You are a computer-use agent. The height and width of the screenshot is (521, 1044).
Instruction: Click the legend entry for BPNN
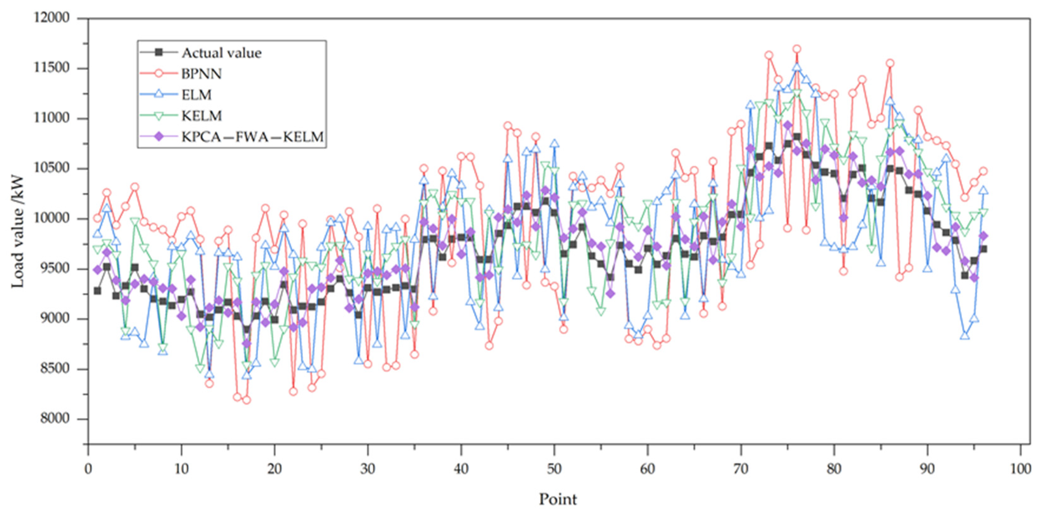point(201,74)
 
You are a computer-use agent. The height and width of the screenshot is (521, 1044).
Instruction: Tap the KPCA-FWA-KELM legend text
point(252,137)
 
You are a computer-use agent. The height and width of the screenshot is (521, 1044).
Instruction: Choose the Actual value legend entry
point(221,53)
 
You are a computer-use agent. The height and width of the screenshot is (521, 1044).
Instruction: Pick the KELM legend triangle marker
point(159,116)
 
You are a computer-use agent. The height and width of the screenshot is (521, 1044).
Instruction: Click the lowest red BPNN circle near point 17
point(246,400)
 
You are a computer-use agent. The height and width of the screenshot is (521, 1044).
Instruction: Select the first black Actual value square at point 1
point(97,291)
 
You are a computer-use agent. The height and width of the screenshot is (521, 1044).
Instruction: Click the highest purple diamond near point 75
point(787,125)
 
